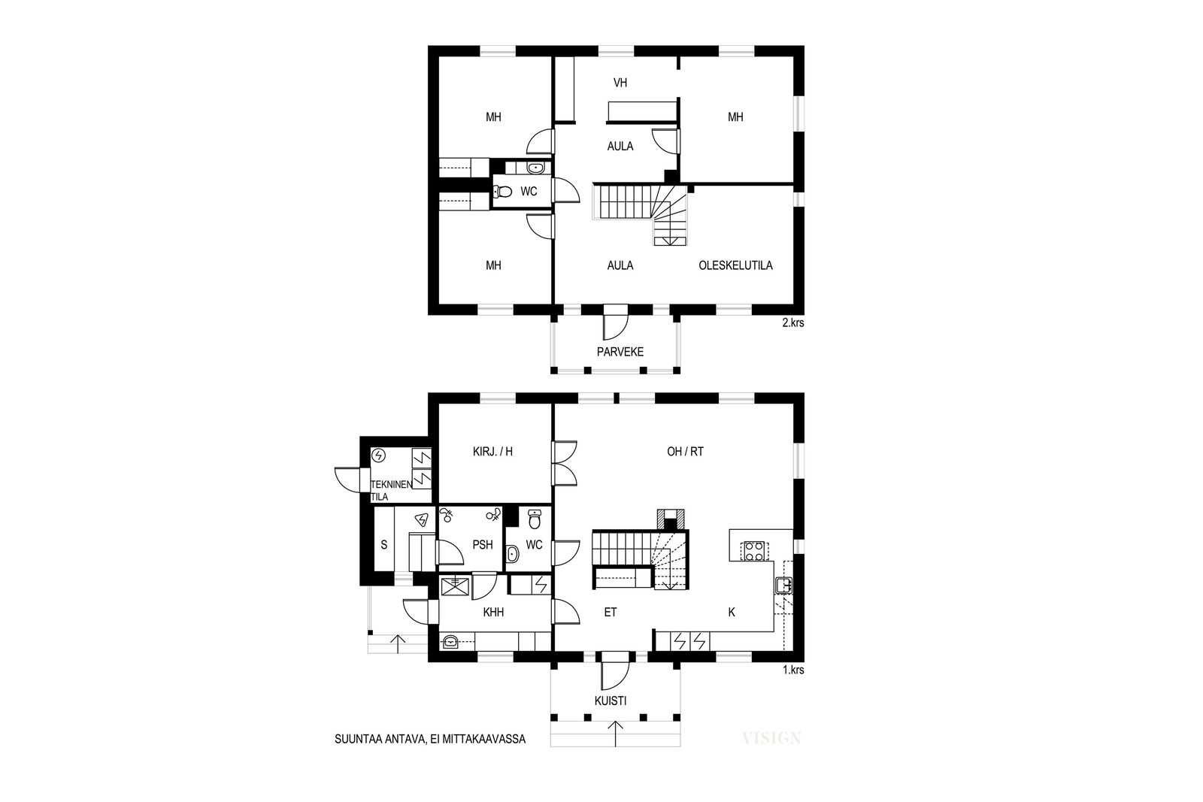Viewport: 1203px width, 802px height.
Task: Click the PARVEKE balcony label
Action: click(620, 352)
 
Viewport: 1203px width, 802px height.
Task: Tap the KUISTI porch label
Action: click(611, 701)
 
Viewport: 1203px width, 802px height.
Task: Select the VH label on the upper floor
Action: click(620, 83)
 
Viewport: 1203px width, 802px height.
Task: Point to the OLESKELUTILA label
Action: click(735, 265)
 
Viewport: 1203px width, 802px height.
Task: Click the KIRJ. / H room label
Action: click(492, 452)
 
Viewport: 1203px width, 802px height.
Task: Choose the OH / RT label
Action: click(685, 452)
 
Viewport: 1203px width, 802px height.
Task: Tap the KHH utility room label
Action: click(493, 612)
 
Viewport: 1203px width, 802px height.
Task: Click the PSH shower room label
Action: click(482, 545)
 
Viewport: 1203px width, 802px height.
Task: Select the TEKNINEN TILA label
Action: click(391, 491)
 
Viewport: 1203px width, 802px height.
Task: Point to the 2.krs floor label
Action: click(792, 322)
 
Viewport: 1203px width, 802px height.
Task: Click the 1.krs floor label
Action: click(792, 670)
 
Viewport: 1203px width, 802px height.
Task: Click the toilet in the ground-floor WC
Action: click(535, 519)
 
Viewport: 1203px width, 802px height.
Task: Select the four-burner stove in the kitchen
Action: click(753, 551)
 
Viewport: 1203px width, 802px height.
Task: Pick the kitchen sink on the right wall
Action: click(783, 585)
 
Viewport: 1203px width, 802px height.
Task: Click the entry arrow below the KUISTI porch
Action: click(616, 734)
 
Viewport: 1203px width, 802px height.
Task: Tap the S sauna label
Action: click(383, 545)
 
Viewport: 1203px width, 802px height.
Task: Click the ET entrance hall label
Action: click(610, 612)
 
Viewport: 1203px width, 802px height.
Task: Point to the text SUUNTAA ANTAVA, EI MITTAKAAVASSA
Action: click(429, 739)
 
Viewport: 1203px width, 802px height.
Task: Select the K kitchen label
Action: click(732, 612)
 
